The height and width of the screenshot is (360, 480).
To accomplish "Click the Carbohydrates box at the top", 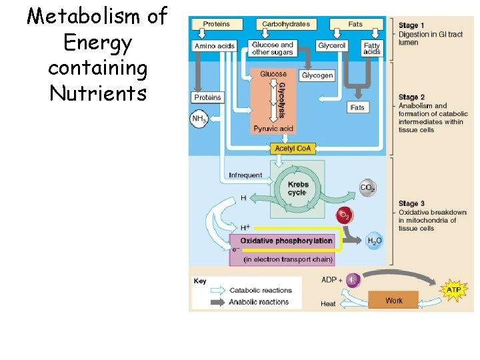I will click(285, 24).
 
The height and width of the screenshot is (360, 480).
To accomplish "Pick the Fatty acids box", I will click(371, 49).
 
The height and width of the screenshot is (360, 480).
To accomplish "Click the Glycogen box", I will click(317, 75).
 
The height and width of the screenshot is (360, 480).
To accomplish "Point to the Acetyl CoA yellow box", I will click(293, 148).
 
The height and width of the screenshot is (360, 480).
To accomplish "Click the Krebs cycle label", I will click(297, 188).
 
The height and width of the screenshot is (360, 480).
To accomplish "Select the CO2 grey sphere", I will click(367, 188).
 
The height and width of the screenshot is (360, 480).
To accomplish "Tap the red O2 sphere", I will click(345, 215).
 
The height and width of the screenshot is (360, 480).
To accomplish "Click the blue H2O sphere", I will click(375, 241).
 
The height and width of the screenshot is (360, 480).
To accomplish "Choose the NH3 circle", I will click(199, 119).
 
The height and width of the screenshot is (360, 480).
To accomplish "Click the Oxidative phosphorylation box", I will click(286, 241).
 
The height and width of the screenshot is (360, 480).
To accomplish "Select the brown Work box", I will click(393, 301).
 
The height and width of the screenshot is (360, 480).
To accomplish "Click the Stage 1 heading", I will click(412, 26).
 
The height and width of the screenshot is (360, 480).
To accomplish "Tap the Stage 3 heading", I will click(412, 204).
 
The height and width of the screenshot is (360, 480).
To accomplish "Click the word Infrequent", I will click(245, 175).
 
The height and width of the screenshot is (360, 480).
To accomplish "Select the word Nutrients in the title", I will click(97, 93).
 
